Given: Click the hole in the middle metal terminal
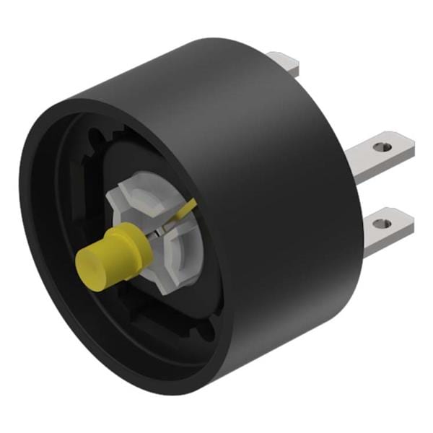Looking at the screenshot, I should point(385,146).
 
